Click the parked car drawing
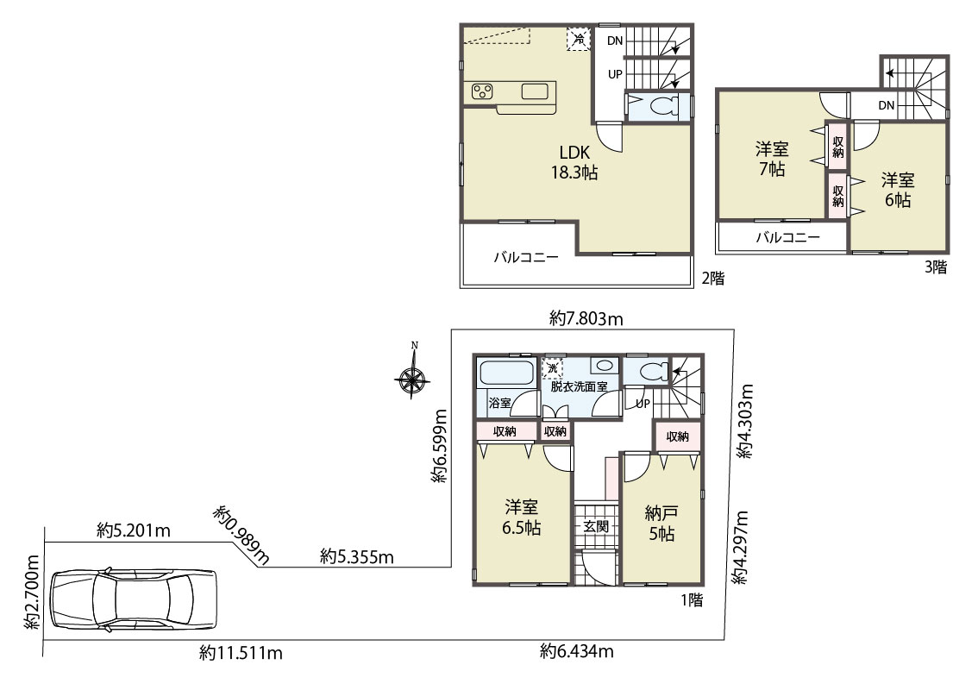[134, 599]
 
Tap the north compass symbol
[412, 374]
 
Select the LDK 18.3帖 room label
[574, 162]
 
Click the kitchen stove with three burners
[482, 91]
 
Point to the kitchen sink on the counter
[535, 91]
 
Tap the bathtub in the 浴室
[506, 373]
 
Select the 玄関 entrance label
[596, 526]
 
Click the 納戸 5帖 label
[661, 524]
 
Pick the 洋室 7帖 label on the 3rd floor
[772, 159]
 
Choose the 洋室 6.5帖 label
[522, 517]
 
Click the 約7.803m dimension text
[586, 319]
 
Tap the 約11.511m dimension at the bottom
[241, 653]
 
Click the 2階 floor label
[713, 279]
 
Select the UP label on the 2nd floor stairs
[615, 74]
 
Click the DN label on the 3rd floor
[887, 105]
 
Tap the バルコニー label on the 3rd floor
[787, 237]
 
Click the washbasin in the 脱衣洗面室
[603, 366]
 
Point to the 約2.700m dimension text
[32, 592]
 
